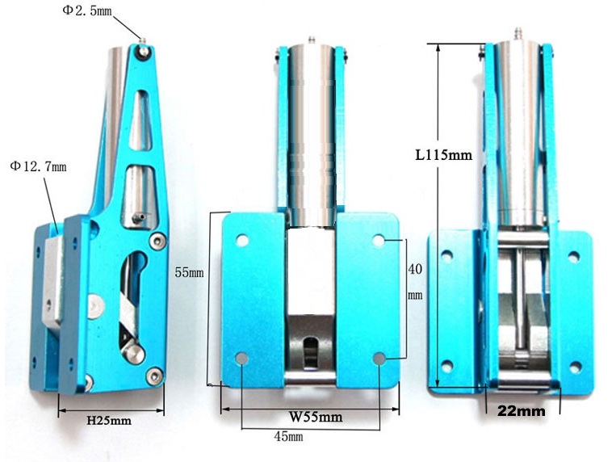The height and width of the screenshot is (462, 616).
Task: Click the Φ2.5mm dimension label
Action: [87, 11]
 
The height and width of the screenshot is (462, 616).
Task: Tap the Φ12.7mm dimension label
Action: [39, 166]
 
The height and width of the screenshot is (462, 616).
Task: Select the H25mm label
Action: [109, 421]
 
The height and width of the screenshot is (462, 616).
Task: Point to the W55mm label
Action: [316, 417]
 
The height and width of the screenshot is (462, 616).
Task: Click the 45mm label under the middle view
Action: [289, 436]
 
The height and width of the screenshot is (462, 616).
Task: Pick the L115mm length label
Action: [444, 155]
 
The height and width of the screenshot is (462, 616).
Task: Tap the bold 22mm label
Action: [522, 411]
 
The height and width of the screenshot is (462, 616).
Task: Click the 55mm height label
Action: [190, 272]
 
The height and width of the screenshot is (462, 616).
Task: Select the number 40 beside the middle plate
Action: [415, 269]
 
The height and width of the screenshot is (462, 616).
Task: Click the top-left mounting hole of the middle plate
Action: [242, 240]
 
